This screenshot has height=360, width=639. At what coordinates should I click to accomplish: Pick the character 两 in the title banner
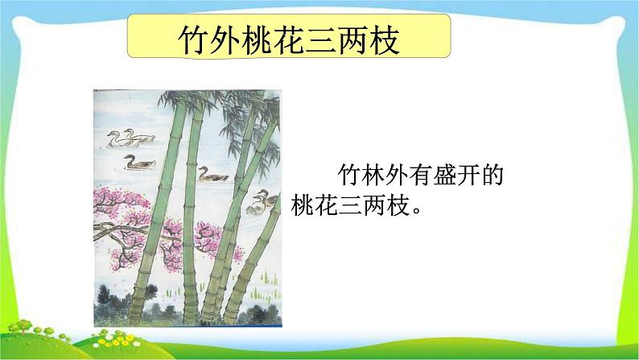pyautogui.click(x=359, y=39)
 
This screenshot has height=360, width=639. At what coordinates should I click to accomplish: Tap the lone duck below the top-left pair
pyautogui.click(x=138, y=163)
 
